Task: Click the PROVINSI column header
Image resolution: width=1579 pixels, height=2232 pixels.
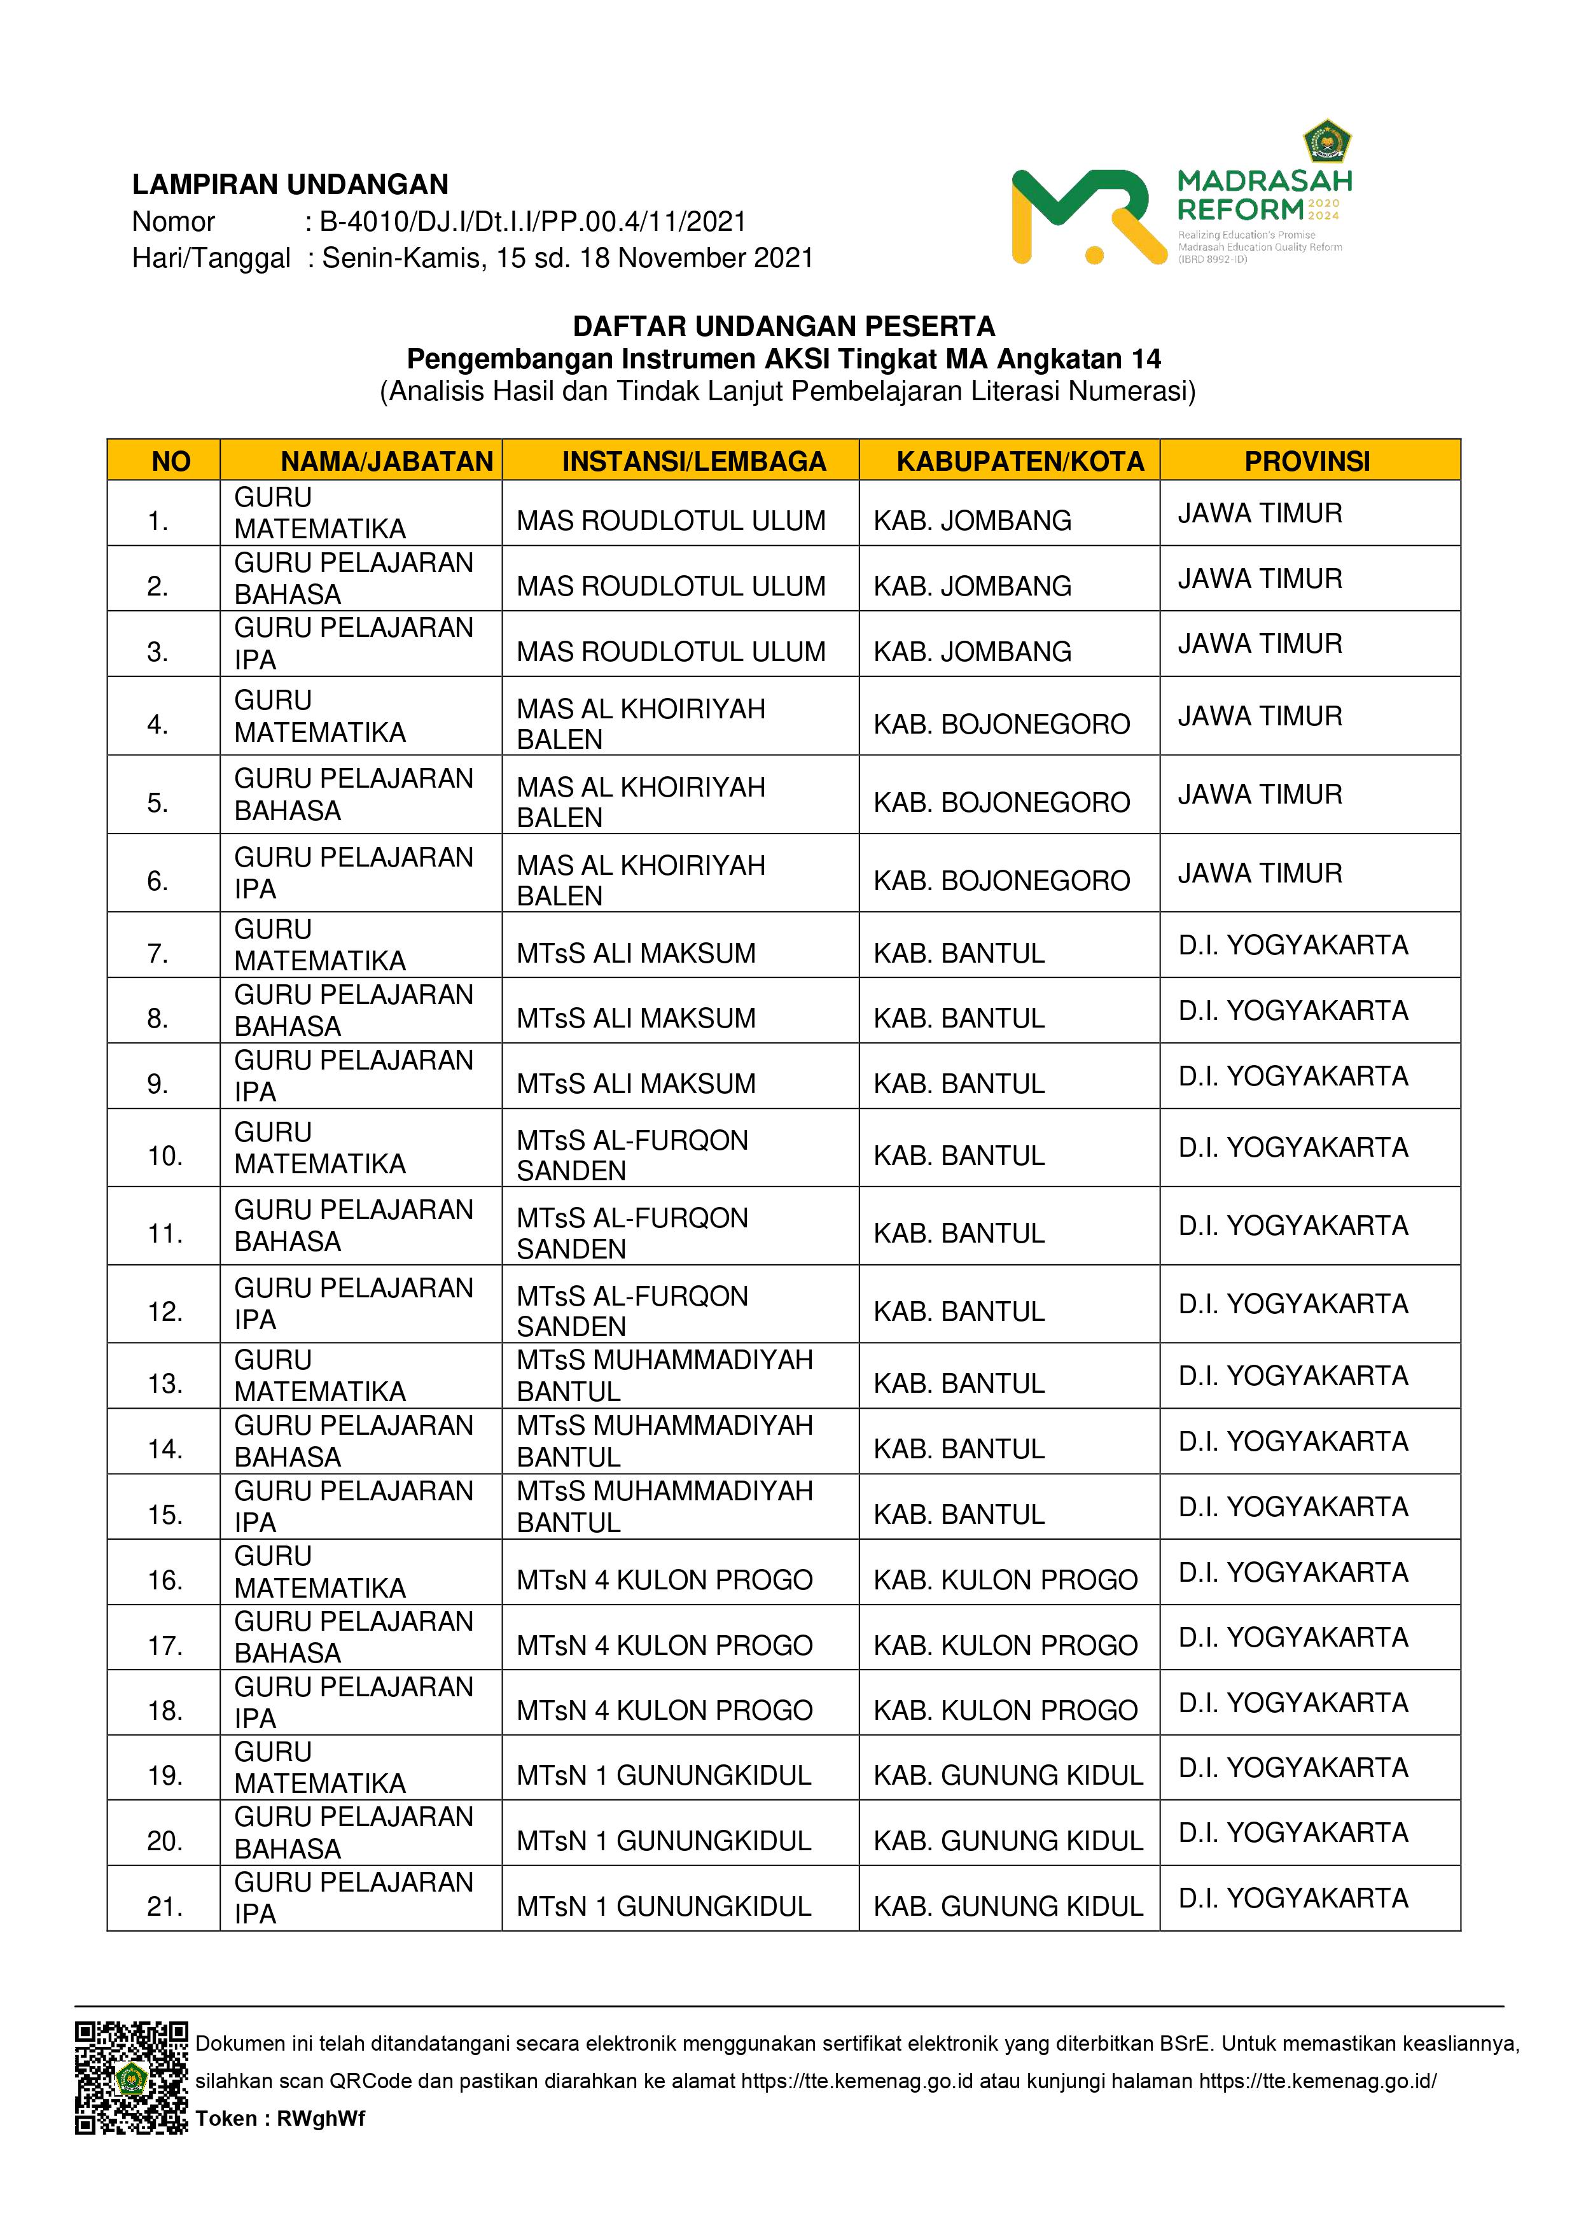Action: point(1308,461)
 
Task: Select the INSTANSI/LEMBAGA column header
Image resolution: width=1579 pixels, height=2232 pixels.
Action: point(693,461)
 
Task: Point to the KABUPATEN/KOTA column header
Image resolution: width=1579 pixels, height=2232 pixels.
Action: point(1020,461)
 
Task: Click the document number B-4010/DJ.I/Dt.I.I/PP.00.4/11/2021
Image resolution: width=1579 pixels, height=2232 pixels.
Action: point(533,221)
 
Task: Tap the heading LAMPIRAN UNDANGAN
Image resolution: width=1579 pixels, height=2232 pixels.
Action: point(289,185)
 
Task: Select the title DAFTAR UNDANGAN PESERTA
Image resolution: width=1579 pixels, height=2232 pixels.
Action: point(784,326)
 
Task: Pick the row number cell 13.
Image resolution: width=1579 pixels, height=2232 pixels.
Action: point(164,1383)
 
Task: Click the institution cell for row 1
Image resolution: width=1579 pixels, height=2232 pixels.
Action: point(671,521)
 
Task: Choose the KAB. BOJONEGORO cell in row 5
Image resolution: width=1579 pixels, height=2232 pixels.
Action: point(1001,802)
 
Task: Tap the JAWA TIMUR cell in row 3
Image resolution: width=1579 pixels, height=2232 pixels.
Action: point(1260,643)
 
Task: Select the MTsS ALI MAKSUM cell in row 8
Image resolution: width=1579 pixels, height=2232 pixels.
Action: point(636,1018)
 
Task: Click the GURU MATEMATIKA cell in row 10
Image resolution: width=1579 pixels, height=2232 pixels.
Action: point(320,1148)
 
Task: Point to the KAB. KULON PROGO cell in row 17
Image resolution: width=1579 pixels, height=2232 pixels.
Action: point(1005,1645)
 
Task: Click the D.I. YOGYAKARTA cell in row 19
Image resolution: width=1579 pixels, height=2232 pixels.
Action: point(1293,1768)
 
